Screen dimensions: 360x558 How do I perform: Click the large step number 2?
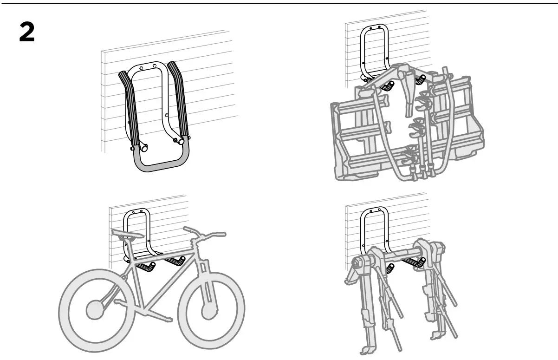pos(26,33)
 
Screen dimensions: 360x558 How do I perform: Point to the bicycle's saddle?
pos(127,233)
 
